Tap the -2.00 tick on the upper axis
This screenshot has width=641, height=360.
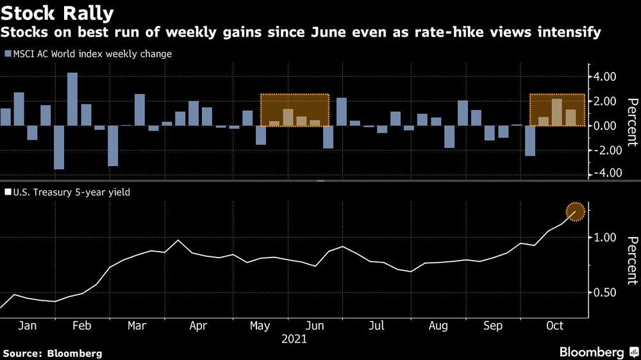pyautogui.click(x=603, y=150)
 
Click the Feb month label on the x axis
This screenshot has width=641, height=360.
pyautogui.click(x=82, y=326)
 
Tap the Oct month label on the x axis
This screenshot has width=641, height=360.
pyautogui.click(x=554, y=326)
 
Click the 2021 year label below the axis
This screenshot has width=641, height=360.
pyautogui.click(x=294, y=340)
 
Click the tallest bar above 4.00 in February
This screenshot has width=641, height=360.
pyautogui.click(x=72, y=99)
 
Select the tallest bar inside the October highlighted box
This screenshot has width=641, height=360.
pyautogui.click(x=557, y=112)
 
